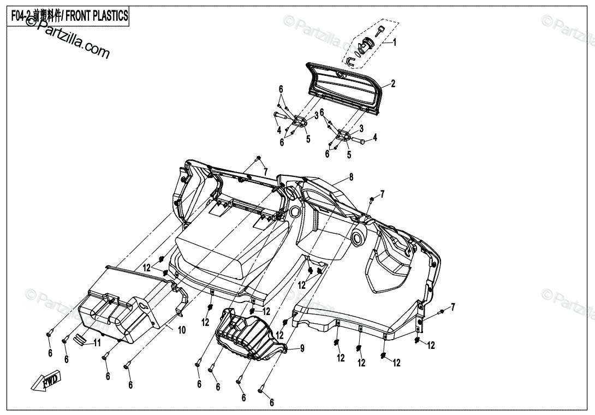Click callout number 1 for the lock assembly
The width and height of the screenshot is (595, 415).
(395, 42)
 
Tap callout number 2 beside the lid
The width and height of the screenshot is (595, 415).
(392, 84)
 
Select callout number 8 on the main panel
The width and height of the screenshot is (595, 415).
(351, 177)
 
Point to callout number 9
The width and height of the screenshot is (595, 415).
(302, 348)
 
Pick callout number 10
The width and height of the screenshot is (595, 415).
(182, 330)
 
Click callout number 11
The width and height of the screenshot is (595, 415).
(97, 343)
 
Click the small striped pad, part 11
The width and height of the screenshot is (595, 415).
(80, 340)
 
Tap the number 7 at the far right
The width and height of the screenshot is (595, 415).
(452, 306)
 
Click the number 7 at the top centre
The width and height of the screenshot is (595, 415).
(265, 173)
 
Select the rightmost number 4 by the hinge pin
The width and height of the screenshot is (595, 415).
(375, 137)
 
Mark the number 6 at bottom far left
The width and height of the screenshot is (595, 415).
(50, 353)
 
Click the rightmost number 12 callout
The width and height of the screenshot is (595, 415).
(431, 345)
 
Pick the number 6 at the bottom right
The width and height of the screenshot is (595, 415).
(271, 403)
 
